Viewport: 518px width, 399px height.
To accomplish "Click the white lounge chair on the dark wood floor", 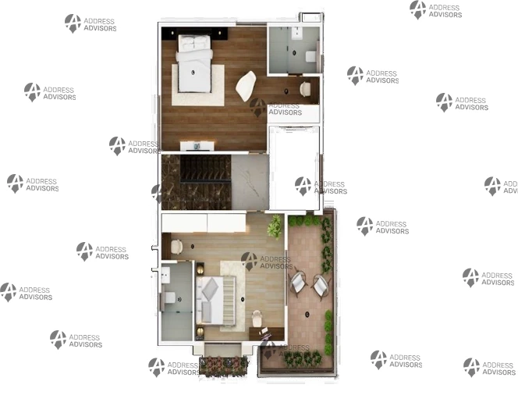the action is (246, 86).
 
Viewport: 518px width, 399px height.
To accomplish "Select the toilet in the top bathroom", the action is (310, 56).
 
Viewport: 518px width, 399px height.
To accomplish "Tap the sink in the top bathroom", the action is (297, 33).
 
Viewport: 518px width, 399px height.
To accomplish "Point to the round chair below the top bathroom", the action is (305, 89).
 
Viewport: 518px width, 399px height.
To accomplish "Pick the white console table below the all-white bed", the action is (197, 146).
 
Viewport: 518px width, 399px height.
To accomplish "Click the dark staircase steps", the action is (205, 169).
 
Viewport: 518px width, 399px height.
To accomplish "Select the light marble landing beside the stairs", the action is (250, 182).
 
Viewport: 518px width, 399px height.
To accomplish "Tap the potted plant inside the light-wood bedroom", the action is (275, 226).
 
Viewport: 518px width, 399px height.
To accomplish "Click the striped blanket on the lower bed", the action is (229, 301).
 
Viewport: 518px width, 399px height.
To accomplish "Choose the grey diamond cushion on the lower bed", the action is (210, 289).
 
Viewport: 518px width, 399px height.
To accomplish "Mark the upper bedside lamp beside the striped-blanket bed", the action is (200, 270).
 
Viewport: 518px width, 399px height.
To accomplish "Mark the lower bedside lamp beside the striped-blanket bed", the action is (200, 332).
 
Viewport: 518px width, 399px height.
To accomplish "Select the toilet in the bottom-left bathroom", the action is (169, 297).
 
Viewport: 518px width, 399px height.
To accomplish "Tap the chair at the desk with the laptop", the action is (257, 318).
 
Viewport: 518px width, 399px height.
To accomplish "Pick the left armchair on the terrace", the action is (298, 282).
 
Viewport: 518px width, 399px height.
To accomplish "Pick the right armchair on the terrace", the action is (321, 285).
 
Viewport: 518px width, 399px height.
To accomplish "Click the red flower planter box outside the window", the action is (224, 366).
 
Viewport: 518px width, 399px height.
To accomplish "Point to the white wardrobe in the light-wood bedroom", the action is (204, 223).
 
